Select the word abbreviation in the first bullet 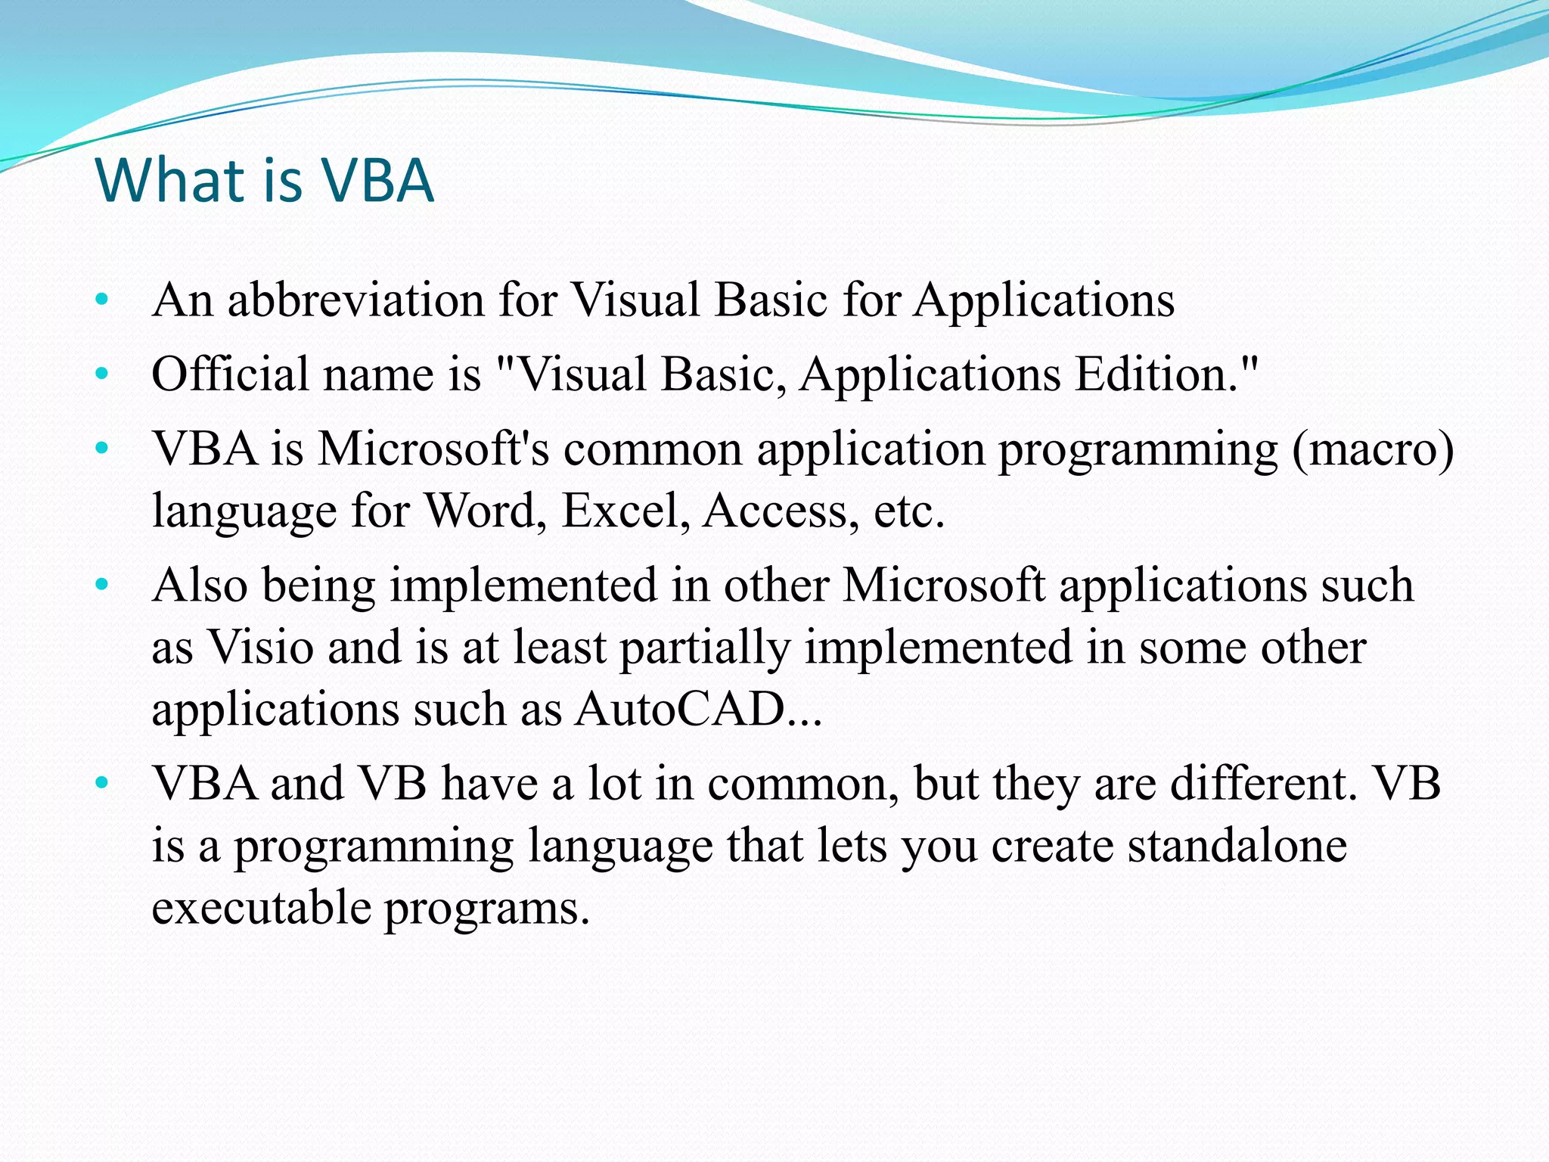click(x=355, y=300)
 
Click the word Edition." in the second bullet click(x=1167, y=374)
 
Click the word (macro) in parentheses click(x=1373, y=449)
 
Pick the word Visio click(x=260, y=648)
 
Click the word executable click(x=261, y=908)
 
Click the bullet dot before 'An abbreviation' click(x=103, y=300)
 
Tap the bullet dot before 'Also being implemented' click(x=103, y=586)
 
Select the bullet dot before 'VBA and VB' click(x=103, y=784)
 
